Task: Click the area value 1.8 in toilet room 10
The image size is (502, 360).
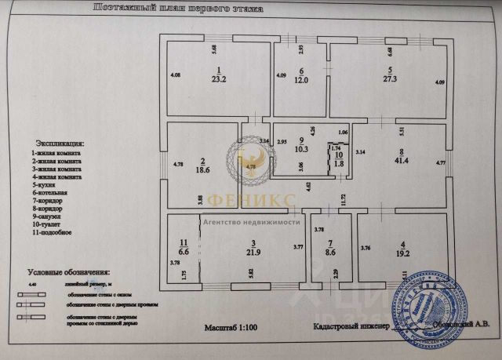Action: tap(336, 164)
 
